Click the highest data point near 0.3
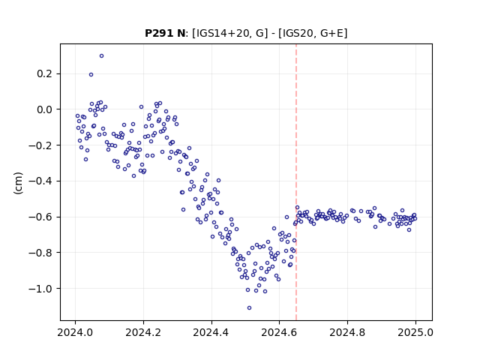[x=102, y=55]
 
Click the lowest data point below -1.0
[x=249, y=307]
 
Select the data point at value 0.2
[x=91, y=74]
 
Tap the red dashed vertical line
[x=296, y=182]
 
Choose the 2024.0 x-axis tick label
[x=75, y=332]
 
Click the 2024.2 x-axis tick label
[x=143, y=332]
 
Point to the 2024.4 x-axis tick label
[x=211, y=332]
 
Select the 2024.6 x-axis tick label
[x=279, y=332]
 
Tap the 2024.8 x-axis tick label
[x=347, y=332]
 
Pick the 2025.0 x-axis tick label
[x=415, y=332]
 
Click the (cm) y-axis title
[x=18, y=183]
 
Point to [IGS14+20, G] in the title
[x=229, y=33]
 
